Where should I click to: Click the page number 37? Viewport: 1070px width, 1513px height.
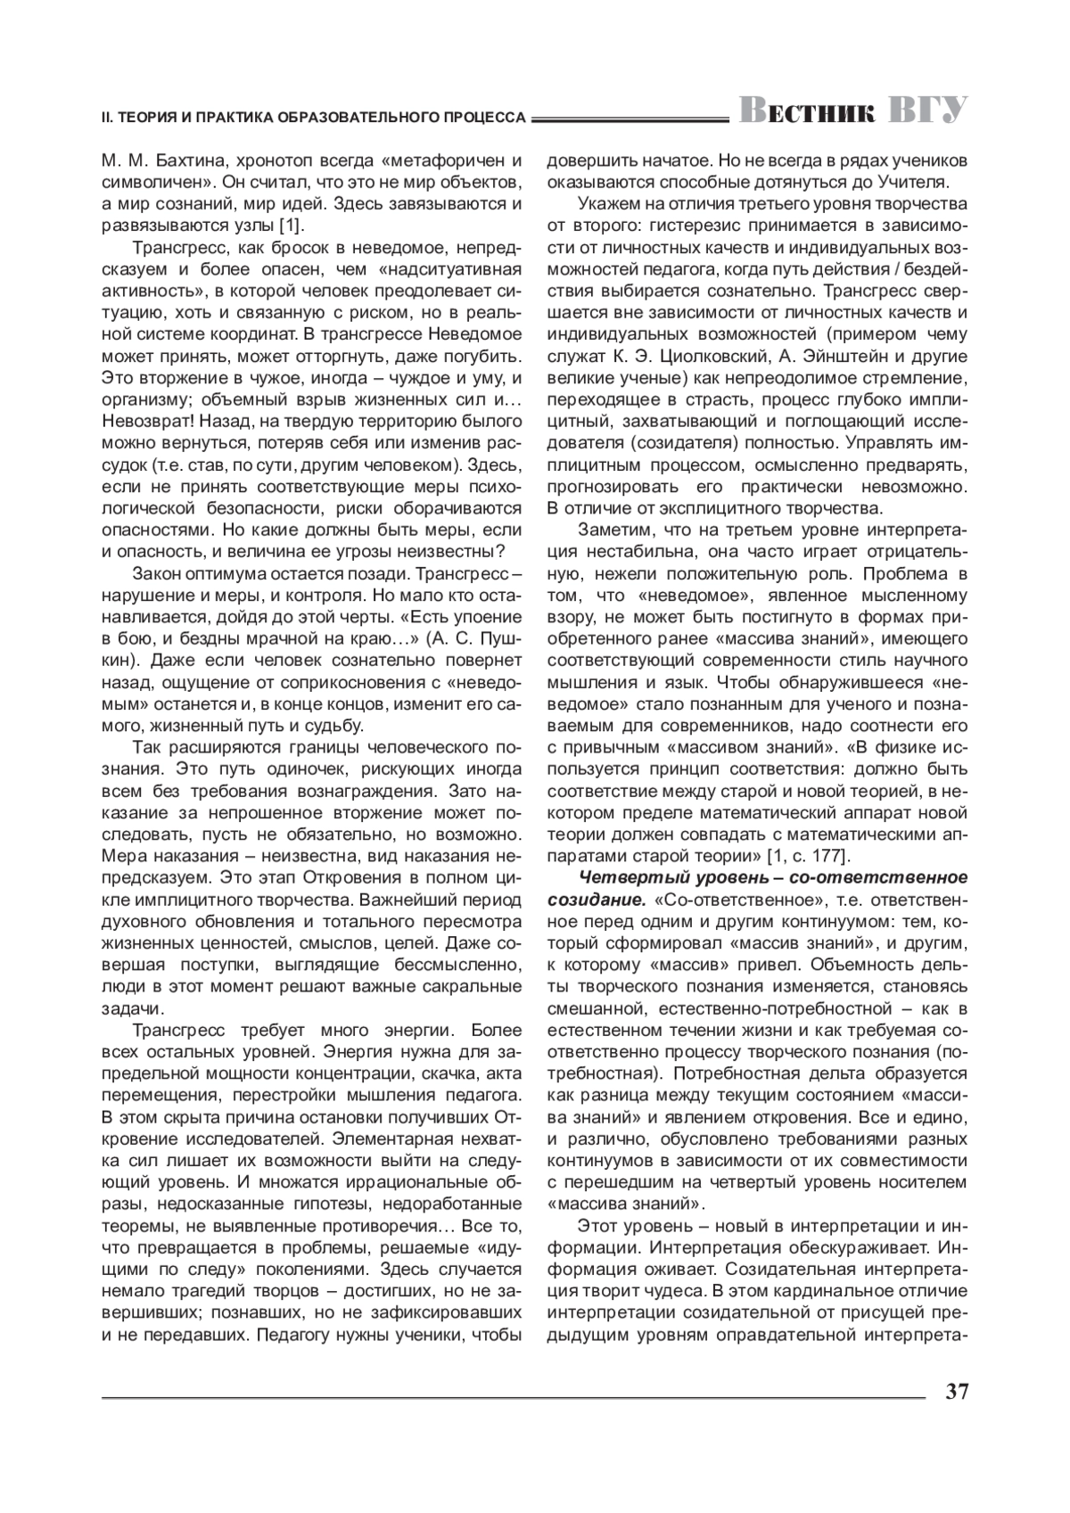tap(955, 1391)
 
